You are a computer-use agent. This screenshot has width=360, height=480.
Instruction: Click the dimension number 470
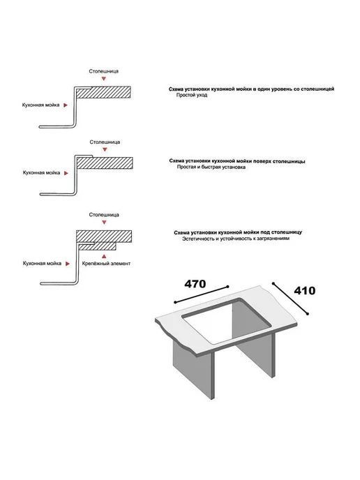[x=195, y=284]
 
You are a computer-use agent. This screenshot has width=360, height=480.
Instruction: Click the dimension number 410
[x=305, y=290]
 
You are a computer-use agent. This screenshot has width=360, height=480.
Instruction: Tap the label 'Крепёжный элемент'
[x=106, y=263]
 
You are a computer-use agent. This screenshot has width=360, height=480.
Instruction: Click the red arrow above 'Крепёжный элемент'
[x=104, y=256]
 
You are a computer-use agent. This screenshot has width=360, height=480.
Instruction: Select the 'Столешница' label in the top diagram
[x=104, y=71]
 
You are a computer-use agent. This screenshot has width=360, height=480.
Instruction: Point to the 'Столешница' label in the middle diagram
[x=105, y=142]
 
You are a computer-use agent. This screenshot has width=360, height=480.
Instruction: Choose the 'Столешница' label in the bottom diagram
[x=104, y=215]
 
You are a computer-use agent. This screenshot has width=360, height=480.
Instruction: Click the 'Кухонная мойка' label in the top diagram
[x=40, y=105]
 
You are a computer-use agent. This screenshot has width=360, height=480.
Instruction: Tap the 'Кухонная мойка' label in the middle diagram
[x=41, y=172]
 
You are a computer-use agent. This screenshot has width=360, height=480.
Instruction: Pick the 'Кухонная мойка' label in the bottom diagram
[x=42, y=263]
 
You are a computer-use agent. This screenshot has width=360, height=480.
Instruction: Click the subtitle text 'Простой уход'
[x=192, y=95]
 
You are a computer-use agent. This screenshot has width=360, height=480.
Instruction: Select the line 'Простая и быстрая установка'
[x=211, y=167]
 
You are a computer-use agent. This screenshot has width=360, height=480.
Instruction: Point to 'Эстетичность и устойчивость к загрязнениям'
[x=236, y=239]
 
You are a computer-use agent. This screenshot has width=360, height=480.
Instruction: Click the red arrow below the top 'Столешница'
[x=104, y=79]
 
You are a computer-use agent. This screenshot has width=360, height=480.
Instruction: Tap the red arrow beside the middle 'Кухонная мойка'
[x=66, y=173]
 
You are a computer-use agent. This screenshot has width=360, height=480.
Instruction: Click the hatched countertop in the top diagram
[x=103, y=92]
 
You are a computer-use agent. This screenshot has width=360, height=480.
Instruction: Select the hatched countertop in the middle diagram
[x=105, y=163]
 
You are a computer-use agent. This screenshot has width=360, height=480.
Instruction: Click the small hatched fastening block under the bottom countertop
[x=98, y=246]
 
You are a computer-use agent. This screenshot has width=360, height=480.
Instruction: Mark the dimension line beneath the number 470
[x=202, y=294]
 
